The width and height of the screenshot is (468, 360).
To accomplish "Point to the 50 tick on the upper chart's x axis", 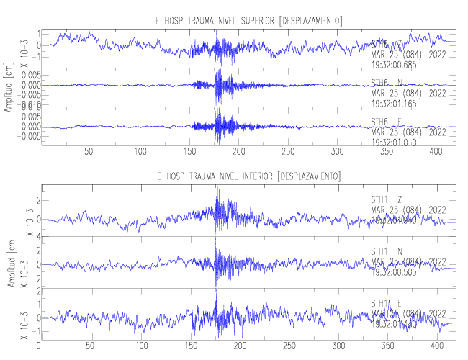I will [89, 151].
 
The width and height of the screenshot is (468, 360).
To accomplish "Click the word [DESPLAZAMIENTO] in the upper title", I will [310, 19].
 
